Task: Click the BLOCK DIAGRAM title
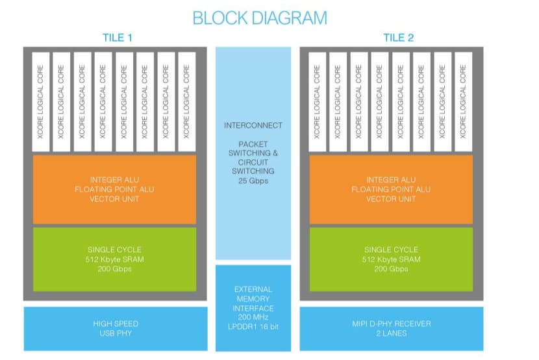click(x=260, y=18)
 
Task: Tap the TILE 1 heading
click(x=118, y=38)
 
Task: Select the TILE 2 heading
click(x=398, y=38)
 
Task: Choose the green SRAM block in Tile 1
click(x=114, y=259)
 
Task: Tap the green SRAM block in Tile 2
click(x=391, y=259)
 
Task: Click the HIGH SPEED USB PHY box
click(x=114, y=328)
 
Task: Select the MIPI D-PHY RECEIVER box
click(x=391, y=328)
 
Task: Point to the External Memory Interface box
click(x=253, y=307)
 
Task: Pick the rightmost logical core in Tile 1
click(x=187, y=101)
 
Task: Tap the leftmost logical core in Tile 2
click(x=317, y=101)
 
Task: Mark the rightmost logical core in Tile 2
click(x=464, y=101)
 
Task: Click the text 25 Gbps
click(x=253, y=181)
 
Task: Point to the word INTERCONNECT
click(x=253, y=125)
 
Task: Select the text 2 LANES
click(x=391, y=333)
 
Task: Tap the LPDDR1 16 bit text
click(x=253, y=326)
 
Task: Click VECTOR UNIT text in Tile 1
click(x=114, y=199)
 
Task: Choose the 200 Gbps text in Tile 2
click(x=391, y=268)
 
